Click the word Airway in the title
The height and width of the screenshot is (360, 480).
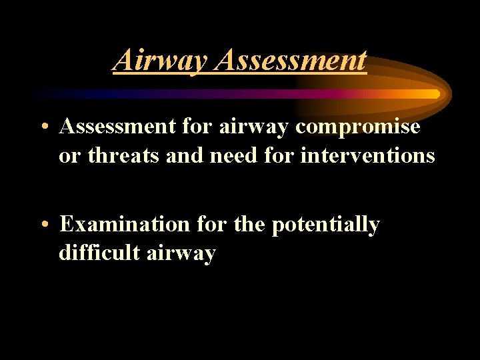point(161,60)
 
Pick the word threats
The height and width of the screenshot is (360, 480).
point(118,156)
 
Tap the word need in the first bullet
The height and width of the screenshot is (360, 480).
point(233,156)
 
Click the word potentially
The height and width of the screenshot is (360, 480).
point(325,225)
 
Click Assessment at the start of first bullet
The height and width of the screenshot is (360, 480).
point(117,127)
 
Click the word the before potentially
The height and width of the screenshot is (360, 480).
point(250,225)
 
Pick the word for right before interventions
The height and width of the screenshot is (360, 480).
point(281,156)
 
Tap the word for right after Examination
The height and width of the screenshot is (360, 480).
point(212,225)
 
